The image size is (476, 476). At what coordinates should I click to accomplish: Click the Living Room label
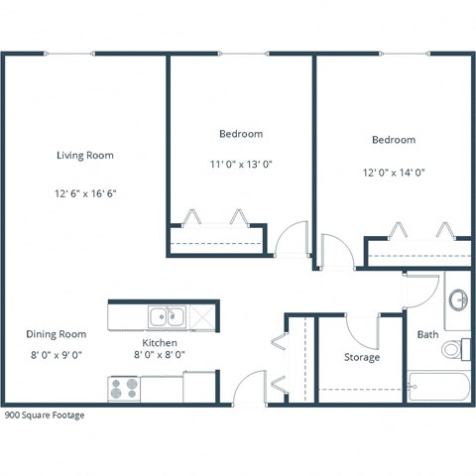click(84, 155)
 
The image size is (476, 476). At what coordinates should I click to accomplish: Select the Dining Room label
click(56, 334)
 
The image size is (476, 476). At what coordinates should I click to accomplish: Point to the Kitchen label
click(159, 342)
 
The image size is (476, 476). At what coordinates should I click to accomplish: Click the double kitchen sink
click(166, 316)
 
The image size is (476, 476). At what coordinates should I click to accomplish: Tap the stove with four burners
click(123, 388)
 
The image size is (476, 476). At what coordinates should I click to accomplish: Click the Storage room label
click(361, 357)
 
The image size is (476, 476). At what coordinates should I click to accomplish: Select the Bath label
click(427, 334)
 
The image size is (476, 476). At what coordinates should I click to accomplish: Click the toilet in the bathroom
click(454, 349)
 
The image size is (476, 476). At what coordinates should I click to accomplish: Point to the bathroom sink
click(458, 298)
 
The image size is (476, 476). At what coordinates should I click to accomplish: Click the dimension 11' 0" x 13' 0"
click(241, 165)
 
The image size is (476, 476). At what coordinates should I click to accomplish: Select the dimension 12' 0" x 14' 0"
click(394, 172)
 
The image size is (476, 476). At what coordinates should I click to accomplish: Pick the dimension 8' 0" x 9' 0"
click(56, 354)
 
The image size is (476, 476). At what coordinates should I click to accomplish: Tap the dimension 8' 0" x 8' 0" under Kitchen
click(159, 354)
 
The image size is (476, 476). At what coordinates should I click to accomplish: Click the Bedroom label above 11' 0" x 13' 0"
click(241, 133)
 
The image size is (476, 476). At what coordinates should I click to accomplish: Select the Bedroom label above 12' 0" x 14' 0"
click(394, 140)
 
